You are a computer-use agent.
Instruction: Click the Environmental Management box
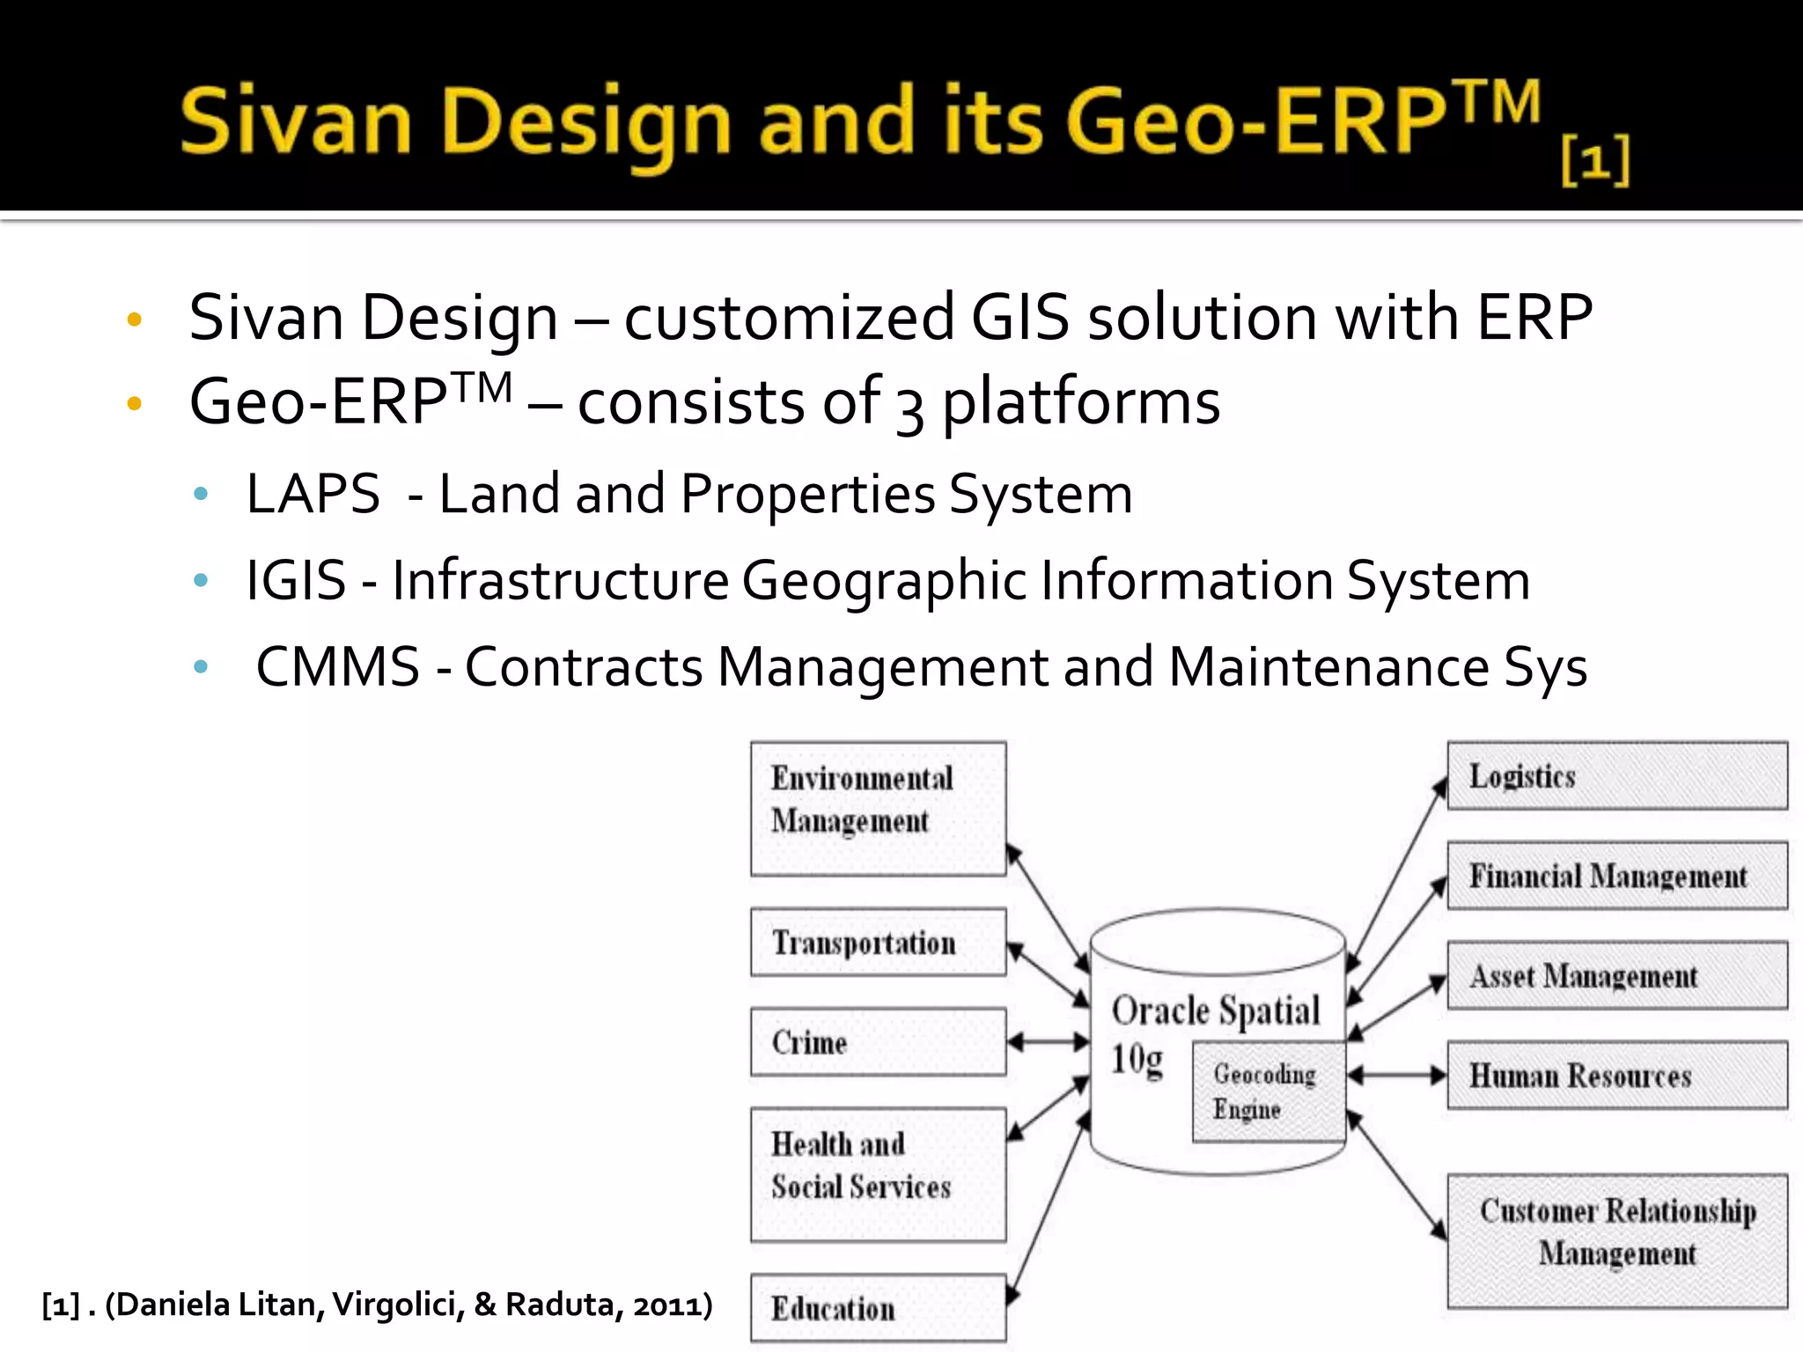(x=878, y=808)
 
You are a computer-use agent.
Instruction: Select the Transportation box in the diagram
(x=878, y=942)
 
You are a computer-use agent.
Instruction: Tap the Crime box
(x=878, y=1042)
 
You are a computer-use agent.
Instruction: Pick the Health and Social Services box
(x=878, y=1174)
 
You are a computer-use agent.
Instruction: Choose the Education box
(x=878, y=1308)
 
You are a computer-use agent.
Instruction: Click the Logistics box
(x=1617, y=775)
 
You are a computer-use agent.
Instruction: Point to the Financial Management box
(x=1617, y=876)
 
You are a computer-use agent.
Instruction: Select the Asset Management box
(x=1617, y=975)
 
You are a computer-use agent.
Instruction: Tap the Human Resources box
(x=1617, y=1075)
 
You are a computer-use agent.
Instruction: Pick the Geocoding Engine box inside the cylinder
(x=1268, y=1091)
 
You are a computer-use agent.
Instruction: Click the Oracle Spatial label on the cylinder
(x=1215, y=1010)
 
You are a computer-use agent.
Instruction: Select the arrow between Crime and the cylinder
(x=1048, y=1042)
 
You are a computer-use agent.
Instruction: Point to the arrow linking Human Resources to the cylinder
(x=1397, y=1075)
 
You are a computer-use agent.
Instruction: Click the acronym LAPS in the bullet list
(x=313, y=494)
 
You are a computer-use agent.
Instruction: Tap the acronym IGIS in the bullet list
(x=296, y=581)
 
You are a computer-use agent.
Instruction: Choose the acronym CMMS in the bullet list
(x=337, y=666)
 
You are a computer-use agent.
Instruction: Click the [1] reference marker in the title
(x=1595, y=160)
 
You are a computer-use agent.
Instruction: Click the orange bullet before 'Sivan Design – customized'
(x=134, y=319)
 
